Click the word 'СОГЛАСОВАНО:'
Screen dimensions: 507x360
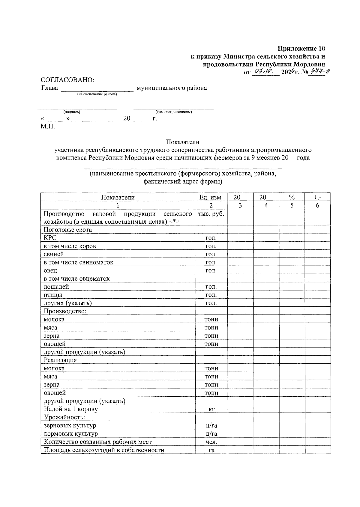coord(67,80)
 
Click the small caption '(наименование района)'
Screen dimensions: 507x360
coord(97,94)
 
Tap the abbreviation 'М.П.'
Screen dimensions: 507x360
coord(48,127)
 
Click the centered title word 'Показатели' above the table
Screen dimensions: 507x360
coord(183,142)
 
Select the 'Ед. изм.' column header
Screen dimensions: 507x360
coord(211,197)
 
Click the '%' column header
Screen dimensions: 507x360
coord(292,197)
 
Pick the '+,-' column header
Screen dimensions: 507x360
coord(318,197)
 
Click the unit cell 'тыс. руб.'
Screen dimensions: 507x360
coord(211,214)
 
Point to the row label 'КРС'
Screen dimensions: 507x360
coord(50,238)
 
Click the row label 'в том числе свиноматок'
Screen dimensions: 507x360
coord(79,262)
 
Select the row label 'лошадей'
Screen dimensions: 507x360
coord(56,287)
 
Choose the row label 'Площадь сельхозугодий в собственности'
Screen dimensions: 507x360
coord(104,450)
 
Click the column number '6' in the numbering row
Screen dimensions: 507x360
coord(318,205)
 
